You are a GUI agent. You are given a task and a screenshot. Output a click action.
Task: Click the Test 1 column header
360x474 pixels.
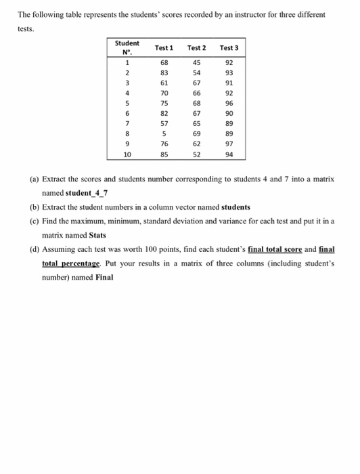164,48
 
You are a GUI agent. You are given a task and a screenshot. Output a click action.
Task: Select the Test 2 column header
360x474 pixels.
196,48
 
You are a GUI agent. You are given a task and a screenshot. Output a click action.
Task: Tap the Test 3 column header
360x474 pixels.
229,48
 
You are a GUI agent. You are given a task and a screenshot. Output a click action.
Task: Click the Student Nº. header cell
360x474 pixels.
127,48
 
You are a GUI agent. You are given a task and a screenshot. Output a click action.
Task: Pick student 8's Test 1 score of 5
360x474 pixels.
164,135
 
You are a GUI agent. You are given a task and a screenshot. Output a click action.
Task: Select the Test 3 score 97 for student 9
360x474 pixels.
229,144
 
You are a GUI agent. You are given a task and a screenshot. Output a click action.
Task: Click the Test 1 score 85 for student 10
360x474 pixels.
164,154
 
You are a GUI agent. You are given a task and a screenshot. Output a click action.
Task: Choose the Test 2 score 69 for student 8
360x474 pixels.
197,135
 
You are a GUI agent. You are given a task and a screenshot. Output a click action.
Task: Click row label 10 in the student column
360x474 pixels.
126,154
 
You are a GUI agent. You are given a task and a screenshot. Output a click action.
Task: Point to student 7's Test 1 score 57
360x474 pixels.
164,125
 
